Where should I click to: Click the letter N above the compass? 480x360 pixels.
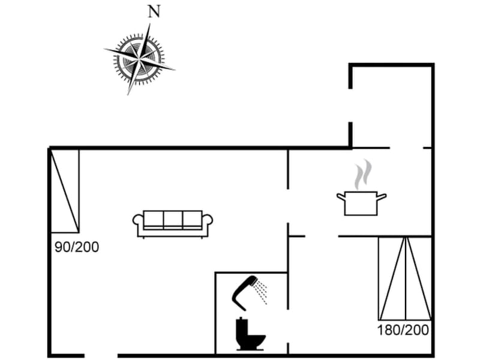tap(154, 11)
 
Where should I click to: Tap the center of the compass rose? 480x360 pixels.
tap(139, 58)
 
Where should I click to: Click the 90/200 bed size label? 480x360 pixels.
tap(77, 247)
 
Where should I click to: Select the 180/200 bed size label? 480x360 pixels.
tap(403, 330)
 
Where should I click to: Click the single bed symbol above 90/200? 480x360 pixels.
tap(65, 190)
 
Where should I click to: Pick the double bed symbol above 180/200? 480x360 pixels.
tap(405, 278)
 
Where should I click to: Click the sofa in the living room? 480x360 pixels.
tap(173, 224)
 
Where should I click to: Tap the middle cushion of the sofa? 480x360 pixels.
tap(173, 220)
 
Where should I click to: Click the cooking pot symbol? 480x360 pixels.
tap(361, 203)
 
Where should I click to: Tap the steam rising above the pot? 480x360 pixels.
tap(363, 175)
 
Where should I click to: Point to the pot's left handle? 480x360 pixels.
tap(341, 197)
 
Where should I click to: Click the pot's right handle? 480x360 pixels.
tap(382, 197)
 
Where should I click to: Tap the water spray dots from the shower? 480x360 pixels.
tap(261, 292)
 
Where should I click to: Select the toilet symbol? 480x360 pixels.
tap(250, 334)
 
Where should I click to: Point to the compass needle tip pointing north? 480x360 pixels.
tap(149, 23)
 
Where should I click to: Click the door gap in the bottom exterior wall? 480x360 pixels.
tap(101, 356)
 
